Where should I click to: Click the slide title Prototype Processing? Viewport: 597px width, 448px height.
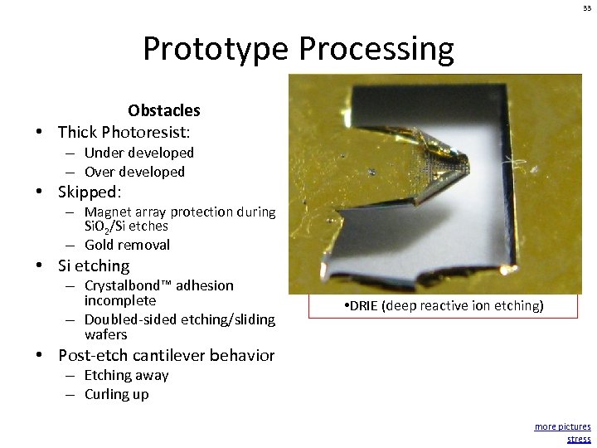click(x=298, y=49)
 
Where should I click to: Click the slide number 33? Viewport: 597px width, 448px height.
click(x=585, y=7)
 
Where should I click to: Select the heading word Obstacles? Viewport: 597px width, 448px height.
click(x=163, y=110)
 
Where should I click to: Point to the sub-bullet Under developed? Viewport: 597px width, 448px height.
click(x=138, y=153)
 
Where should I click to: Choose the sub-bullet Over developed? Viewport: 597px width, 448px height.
click(x=134, y=172)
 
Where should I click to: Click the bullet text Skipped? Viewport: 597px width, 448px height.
click(x=90, y=192)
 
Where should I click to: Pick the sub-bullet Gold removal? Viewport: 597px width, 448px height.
click(x=127, y=245)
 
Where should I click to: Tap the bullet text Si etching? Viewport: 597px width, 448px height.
click(x=94, y=266)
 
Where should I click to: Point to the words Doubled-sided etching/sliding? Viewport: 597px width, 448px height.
click(x=179, y=319)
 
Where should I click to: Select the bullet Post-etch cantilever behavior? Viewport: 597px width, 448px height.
click(x=166, y=355)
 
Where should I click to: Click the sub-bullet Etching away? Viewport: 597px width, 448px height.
click(x=126, y=375)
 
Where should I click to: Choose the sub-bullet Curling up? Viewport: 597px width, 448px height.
click(x=116, y=394)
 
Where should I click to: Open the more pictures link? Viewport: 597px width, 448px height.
click(x=562, y=426)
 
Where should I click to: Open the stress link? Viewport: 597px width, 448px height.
click(x=579, y=439)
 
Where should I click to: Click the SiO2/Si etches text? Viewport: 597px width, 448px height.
click(x=126, y=226)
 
